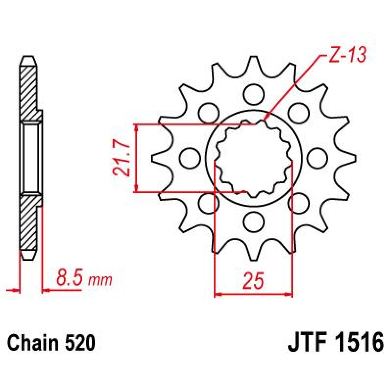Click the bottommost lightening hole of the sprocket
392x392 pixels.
click(x=253, y=222)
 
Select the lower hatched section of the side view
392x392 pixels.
click(x=29, y=222)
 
